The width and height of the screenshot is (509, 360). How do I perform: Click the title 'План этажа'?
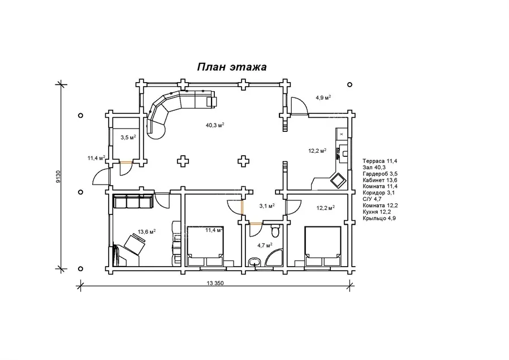(x=232, y=67)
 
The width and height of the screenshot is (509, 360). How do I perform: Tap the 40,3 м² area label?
(x=215, y=125)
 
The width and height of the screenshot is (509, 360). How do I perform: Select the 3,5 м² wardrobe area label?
(x=128, y=138)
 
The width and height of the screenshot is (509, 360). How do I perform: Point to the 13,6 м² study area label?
(x=146, y=232)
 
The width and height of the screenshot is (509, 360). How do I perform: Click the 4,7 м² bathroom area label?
(x=265, y=245)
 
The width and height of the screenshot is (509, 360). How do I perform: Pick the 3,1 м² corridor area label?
(x=267, y=205)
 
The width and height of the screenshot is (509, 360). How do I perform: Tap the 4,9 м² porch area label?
(x=323, y=97)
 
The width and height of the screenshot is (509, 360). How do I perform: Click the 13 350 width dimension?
(x=215, y=283)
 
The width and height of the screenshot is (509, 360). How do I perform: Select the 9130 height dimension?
(x=58, y=177)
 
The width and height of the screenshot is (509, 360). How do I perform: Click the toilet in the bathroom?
(x=275, y=231)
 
